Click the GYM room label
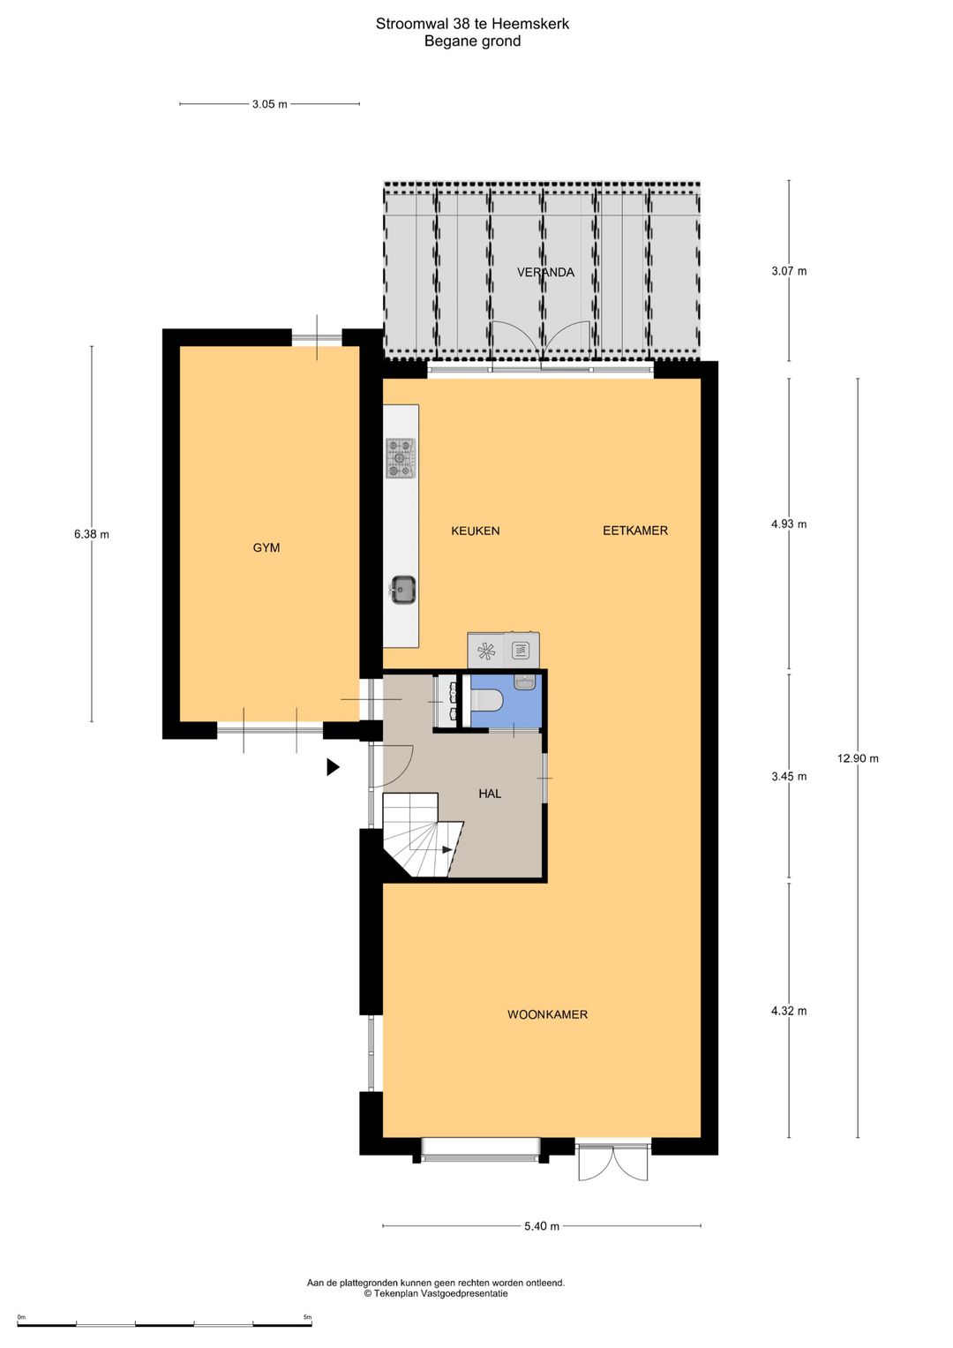[x=266, y=547]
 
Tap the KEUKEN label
[x=475, y=531]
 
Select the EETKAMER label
[x=634, y=531]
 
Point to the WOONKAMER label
[x=547, y=1014]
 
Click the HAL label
[x=490, y=794]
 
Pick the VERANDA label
[x=545, y=272]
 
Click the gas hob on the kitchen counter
[x=401, y=458]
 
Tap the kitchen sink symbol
[x=403, y=590]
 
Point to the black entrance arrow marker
[x=333, y=767]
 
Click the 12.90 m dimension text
[x=858, y=758]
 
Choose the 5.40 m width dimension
[x=541, y=1226]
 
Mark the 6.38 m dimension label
[x=92, y=534]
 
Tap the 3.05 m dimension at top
[x=269, y=104]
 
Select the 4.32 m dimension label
[x=789, y=1011]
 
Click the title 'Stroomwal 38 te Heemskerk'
[x=472, y=24]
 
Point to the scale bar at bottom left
[x=164, y=1324]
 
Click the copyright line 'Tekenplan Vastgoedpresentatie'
[x=436, y=1293]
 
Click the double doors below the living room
[x=613, y=1163]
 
